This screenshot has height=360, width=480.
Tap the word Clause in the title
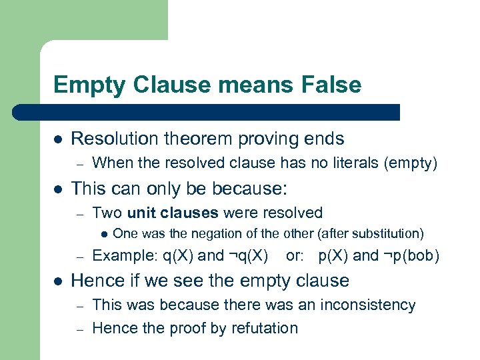click(168, 85)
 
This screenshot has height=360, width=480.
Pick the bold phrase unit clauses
click(173, 213)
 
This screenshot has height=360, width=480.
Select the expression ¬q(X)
click(249, 256)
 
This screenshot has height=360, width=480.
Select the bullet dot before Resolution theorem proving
click(58, 139)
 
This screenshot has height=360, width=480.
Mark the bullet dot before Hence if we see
click(58, 281)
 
